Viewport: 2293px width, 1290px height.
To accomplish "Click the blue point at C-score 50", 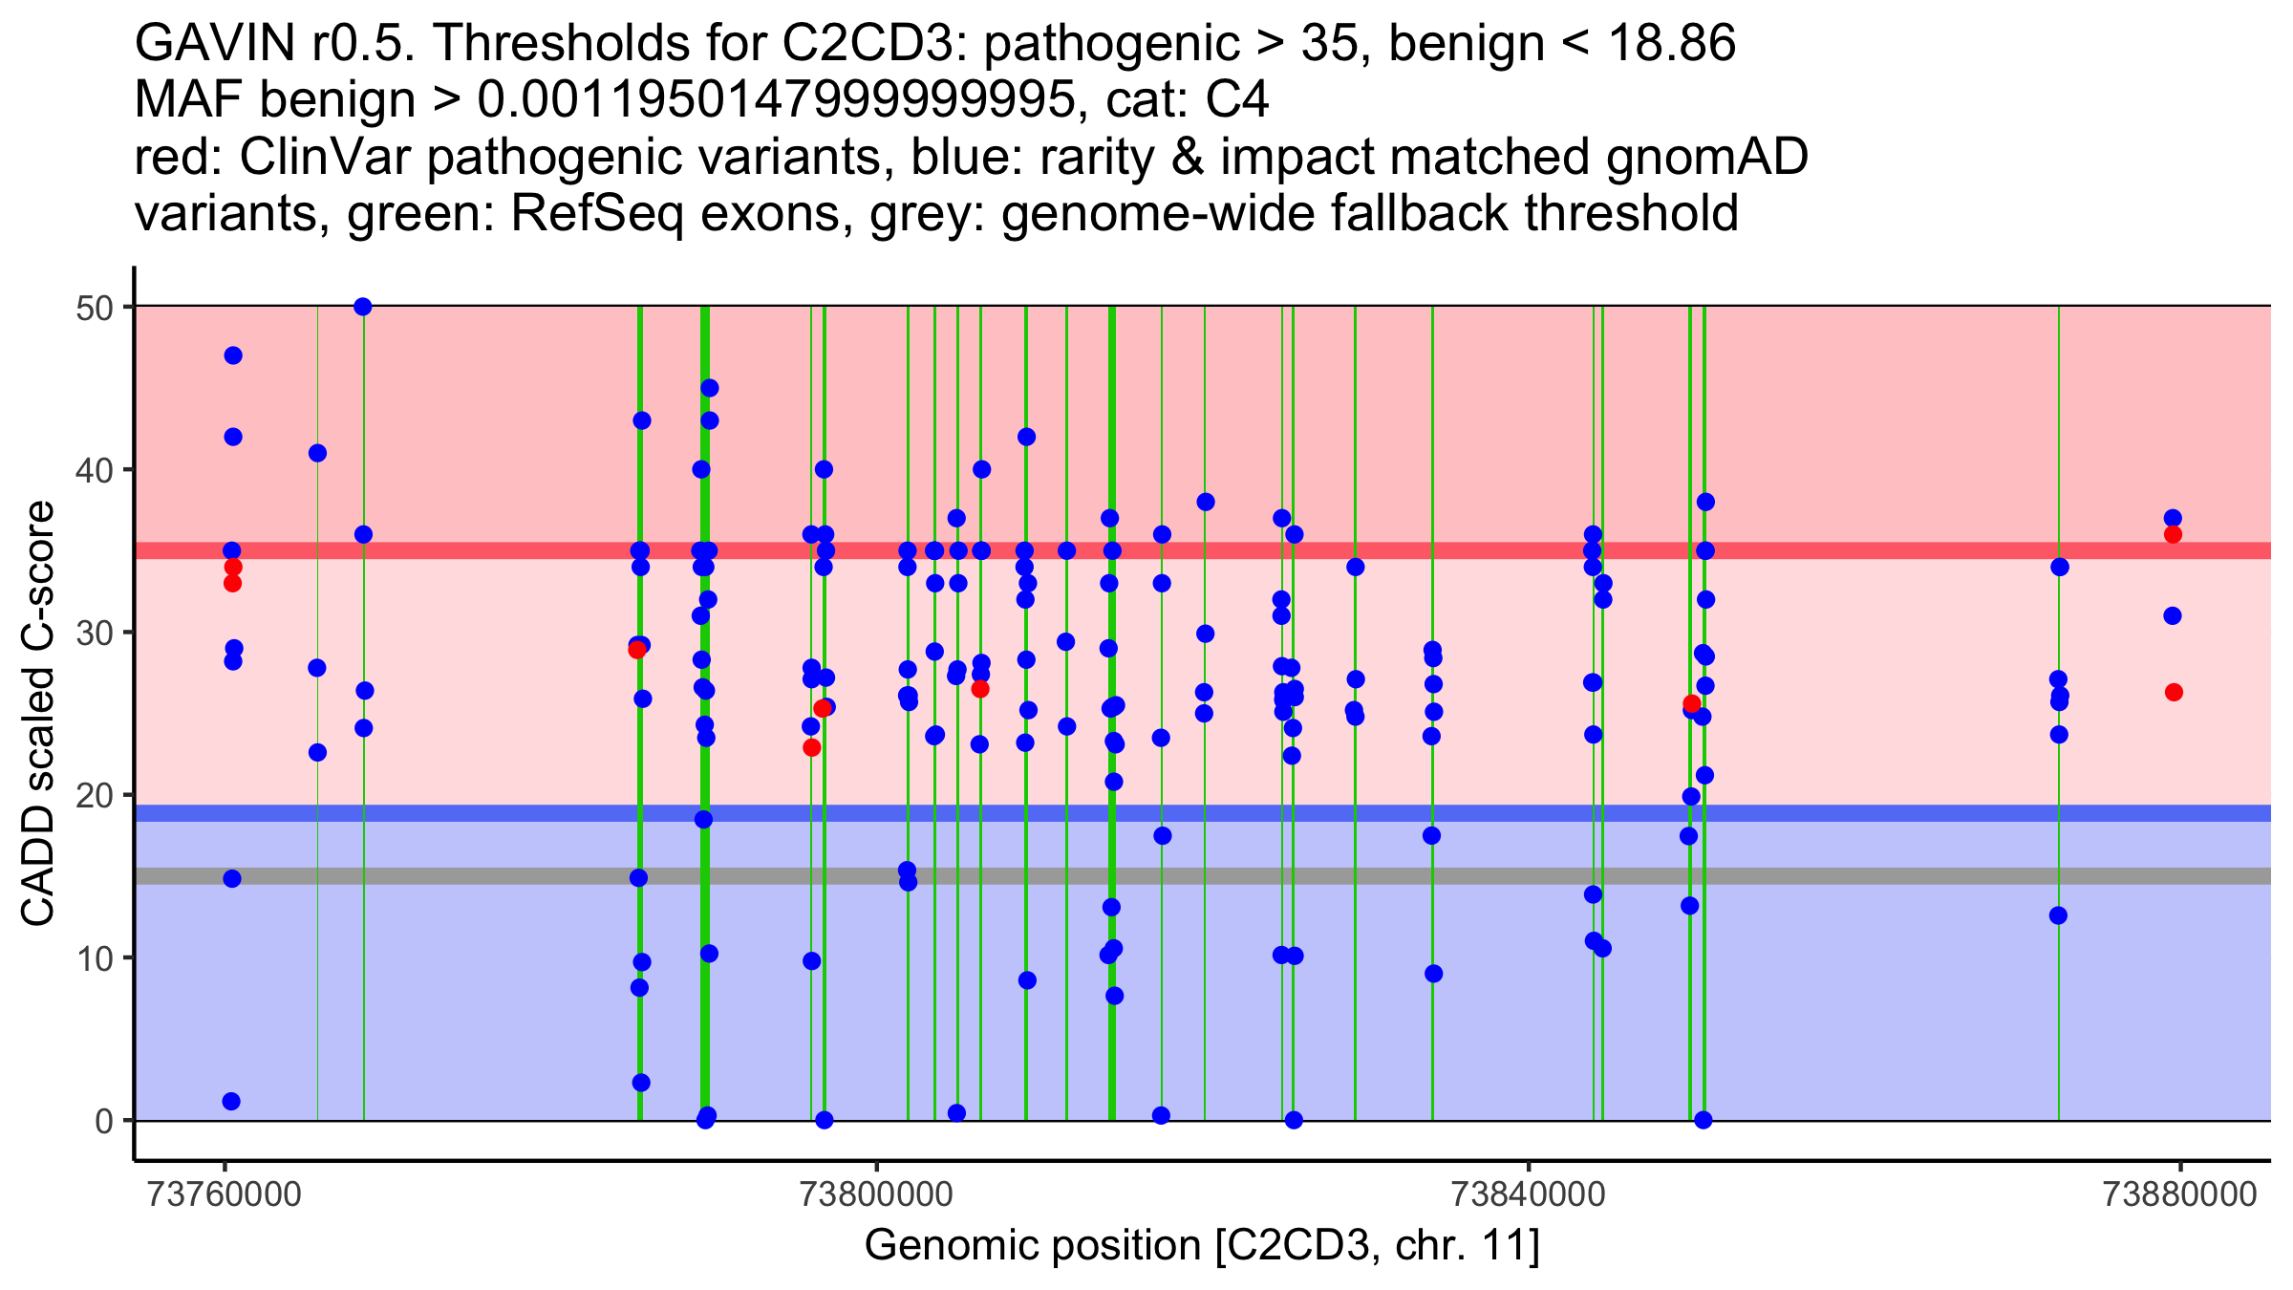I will [363, 307].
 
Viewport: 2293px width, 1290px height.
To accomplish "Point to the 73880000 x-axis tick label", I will [2180, 1194].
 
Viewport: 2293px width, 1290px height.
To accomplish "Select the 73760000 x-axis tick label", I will [225, 1194].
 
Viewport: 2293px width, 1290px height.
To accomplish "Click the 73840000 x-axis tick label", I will [1529, 1194].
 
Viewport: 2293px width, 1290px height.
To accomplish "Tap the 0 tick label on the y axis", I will [103, 1121].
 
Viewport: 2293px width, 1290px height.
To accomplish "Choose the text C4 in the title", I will [1237, 99].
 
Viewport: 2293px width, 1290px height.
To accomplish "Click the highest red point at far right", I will [2173, 534].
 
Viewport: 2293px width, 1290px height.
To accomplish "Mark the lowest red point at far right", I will [2174, 692].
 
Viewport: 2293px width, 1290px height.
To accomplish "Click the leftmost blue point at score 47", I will [233, 355].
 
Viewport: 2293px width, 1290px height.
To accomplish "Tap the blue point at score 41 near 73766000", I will [318, 453].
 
